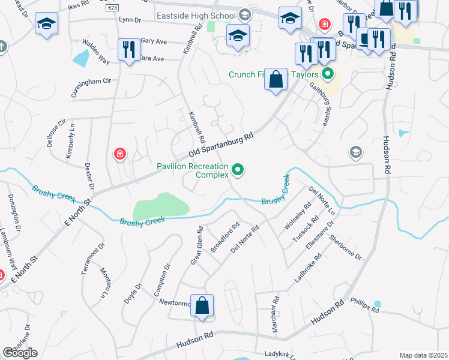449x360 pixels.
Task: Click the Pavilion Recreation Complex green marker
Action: click(x=238, y=170)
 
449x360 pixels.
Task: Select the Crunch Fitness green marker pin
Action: click(x=328, y=74)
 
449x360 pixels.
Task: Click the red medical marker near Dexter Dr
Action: click(x=120, y=154)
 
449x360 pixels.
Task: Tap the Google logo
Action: click(x=20, y=353)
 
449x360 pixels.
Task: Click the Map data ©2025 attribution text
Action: click(x=423, y=355)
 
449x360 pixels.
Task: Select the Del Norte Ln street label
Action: click(x=322, y=200)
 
